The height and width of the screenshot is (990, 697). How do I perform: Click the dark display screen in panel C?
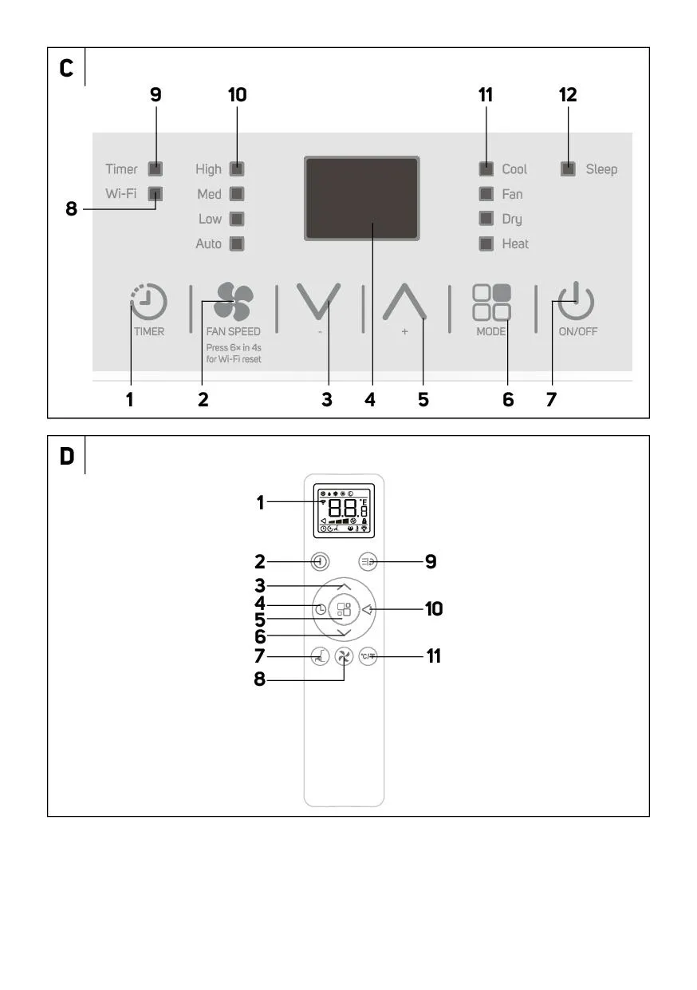tap(362, 198)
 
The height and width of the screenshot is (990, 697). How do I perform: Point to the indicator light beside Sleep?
tap(568, 168)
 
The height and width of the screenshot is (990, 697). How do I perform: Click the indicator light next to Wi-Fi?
tap(156, 193)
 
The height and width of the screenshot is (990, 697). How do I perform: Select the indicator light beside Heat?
tap(486, 244)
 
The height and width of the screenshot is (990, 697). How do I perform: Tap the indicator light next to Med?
tap(237, 194)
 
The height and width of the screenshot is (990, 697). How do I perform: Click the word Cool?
tap(514, 169)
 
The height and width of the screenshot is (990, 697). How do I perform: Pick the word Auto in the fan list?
tap(209, 244)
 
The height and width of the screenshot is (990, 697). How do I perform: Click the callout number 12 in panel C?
tap(568, 95)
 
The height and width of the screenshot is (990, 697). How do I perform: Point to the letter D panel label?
tap(67, 456)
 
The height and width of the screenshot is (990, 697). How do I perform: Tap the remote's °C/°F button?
tap(367, 656)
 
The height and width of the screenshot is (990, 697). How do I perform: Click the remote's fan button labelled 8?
tap(344, 657)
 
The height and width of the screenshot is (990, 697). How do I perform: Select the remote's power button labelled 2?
tap(319, 561)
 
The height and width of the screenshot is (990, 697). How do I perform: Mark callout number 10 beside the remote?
tap(433, 609)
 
